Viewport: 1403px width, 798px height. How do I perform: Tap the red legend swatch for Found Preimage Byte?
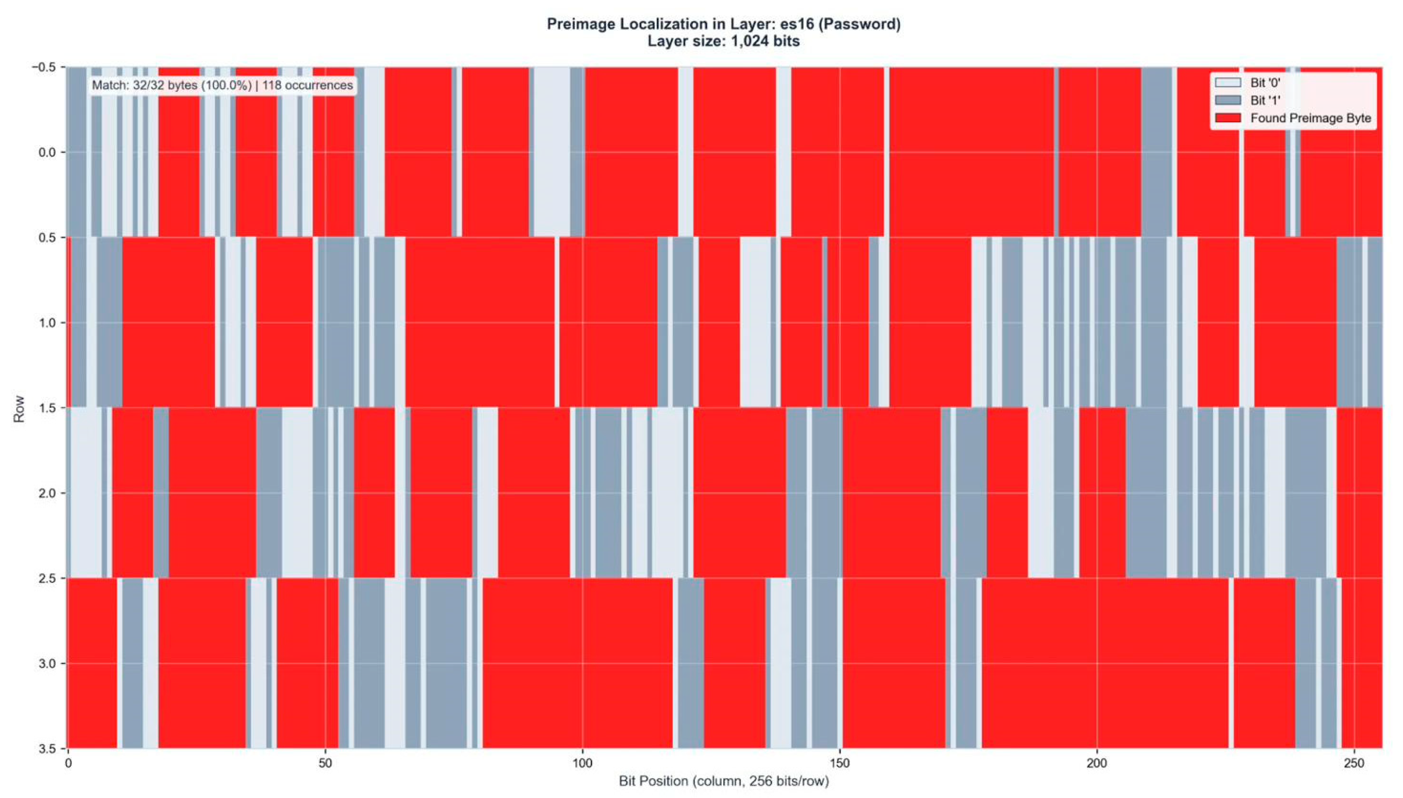tap(1227, 118)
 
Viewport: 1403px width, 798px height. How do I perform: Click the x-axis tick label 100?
tap(582, 764)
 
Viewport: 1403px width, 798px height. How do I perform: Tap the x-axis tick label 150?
tap(839, 764)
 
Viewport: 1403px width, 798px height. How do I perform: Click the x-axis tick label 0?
tap(68, 764)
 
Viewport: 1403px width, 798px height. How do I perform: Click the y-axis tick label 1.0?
tap(48, 323)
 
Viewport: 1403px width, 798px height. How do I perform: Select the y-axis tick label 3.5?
tap(48, 748)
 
